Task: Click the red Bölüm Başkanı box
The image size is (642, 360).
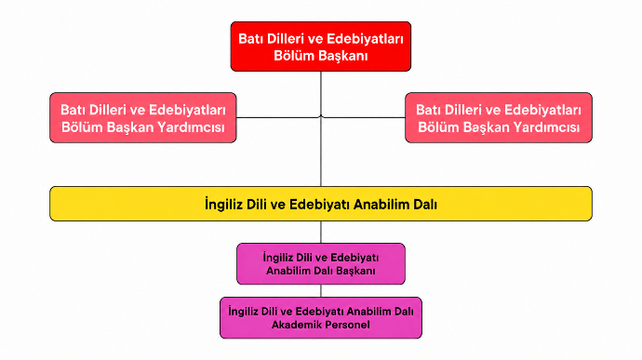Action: pyautogui.click(x=321, y=47)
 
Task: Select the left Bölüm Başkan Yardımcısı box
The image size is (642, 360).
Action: pyautogui.click(x=143, y=117)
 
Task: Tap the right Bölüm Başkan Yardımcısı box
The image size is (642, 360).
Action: pyautogui.click(x=499, y=117)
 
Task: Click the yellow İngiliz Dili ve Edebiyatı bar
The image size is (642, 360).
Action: pyautogui.click(x=321, y=204)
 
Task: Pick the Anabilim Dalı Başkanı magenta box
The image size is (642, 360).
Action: pyautogui.click(x=321, y=264)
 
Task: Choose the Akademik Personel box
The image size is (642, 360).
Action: pyautogui.click(x=321, y=318)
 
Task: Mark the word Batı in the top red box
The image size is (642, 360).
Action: pyautogui.click(x=250, y=39)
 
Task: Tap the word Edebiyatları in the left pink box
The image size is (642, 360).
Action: pyautogui.click(x=187, y=110)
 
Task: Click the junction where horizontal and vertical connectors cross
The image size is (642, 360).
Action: pyautogui.click(x=321, y=117)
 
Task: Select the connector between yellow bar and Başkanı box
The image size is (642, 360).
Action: pyautogui.click(x=321, y=233)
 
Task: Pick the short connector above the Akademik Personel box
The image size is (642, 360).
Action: pyautogui.click(x=321, y=291)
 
